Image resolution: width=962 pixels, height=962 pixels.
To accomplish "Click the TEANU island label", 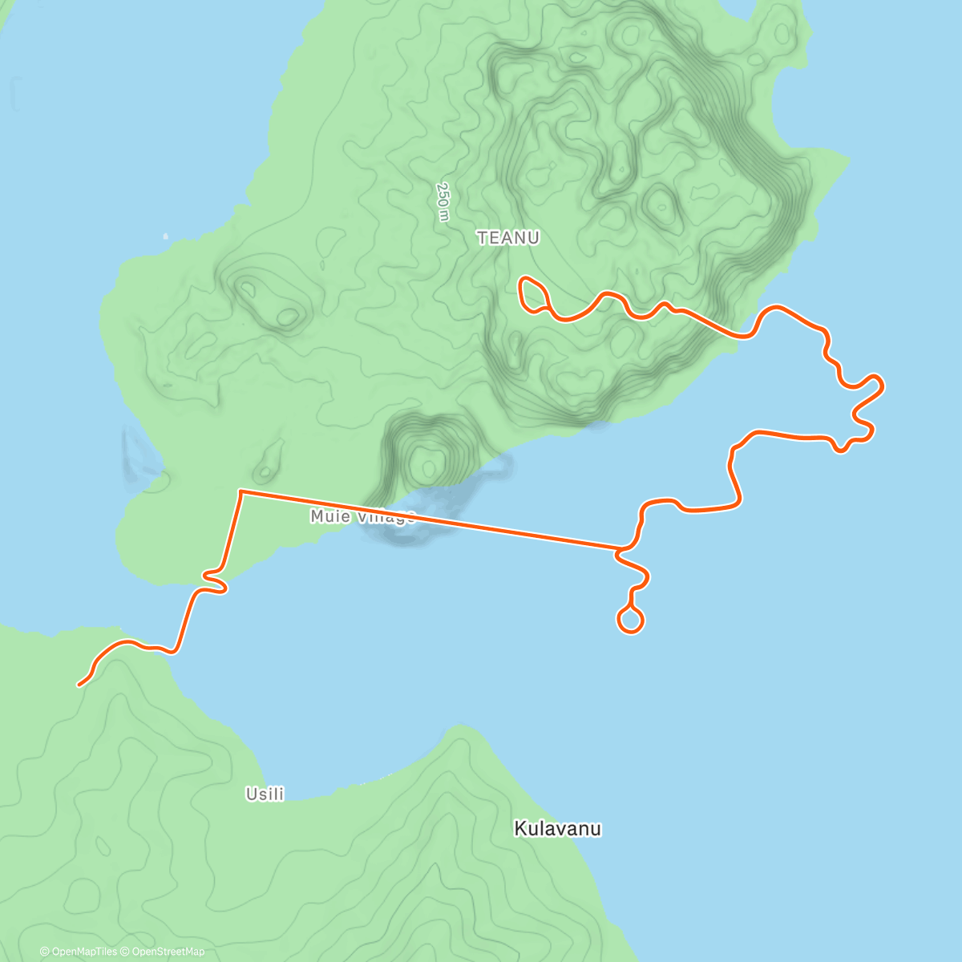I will pyautogui.click(x=507, y=237).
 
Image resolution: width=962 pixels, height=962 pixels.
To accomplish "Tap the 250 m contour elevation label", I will pyautogui.click(x=443, y=201).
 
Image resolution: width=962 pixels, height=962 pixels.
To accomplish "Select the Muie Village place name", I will pyautogui.click(x=362, y=517).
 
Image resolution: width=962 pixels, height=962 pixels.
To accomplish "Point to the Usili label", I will pyautogui.click(x=265, y=794).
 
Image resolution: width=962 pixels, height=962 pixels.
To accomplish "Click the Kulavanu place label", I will pyautogui.click(x=557, y=829).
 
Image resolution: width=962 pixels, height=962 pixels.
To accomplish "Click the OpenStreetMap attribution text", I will pyautogui.click(x=168, y=952).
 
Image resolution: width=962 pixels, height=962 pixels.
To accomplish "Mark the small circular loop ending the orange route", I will pyautogui.click(x=630, y=620).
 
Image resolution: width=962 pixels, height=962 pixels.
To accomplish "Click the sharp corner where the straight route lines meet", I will pyautogui.click(x=240, y=490).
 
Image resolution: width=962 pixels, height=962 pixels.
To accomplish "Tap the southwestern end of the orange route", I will pyautogui.click(x=79, y=685).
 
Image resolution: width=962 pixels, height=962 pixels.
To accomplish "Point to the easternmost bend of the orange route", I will pyautogui.click(x=880, y=384).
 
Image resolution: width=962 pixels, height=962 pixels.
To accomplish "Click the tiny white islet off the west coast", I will pyautogui.click(x=165, y=236).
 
